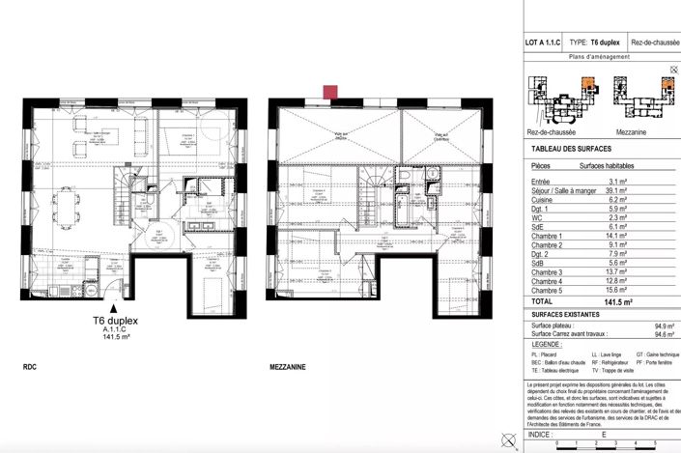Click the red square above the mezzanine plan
coord(330,93)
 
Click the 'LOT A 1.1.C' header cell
coord(543,43)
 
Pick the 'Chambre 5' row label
coord(548,290)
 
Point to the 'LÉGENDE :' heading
coord(548,345)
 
